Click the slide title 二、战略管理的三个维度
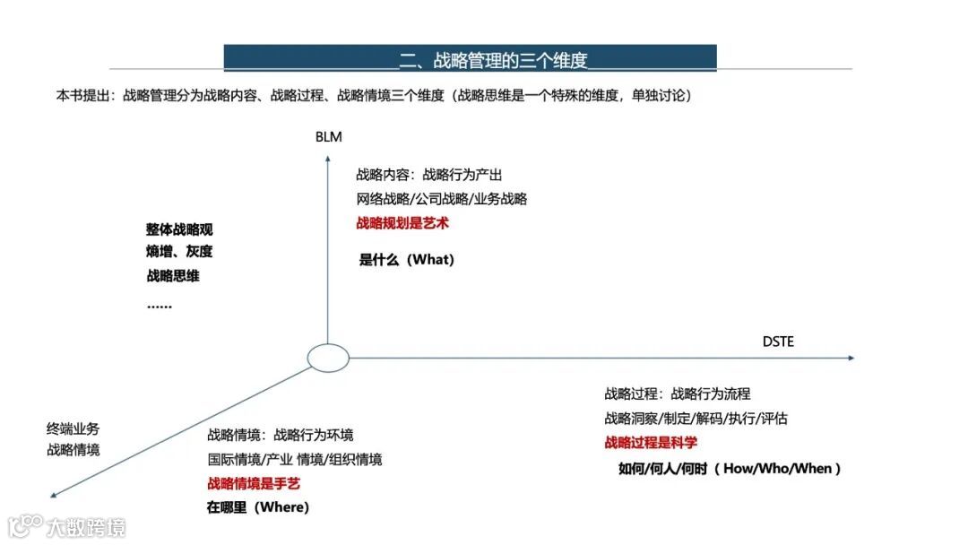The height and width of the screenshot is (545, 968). click(x=493, y=60)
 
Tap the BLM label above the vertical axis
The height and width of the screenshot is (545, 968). click(x=328, y=137)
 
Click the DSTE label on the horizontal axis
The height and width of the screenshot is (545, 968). click(x=778, y=342)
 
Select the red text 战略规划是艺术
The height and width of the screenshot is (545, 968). click(x=402, y=223)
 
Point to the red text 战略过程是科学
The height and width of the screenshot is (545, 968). click(x=651, y=442)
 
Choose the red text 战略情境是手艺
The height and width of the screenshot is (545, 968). click(x=254, y=483)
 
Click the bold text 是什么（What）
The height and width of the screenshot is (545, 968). click(x=407, y=260)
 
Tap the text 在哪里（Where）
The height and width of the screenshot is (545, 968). click(x=258, y=507)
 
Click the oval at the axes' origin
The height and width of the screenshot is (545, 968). click(x=328, y=358)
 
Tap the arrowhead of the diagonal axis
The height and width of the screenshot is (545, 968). click(x=56, y=494)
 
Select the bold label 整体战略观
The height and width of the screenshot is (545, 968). click(x=179, y=229)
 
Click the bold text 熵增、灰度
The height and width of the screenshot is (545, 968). click(x=179, y=252)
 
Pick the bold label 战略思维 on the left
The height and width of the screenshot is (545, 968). click(x=173, y=276)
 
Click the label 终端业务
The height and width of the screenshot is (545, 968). click(x=73, y=428)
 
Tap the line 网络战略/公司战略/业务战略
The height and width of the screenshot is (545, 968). click(x=442, y=199)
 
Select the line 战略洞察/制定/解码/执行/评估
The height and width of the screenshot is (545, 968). click(x=696, y=418)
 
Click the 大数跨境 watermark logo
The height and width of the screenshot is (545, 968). click(x=66, y=526)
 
